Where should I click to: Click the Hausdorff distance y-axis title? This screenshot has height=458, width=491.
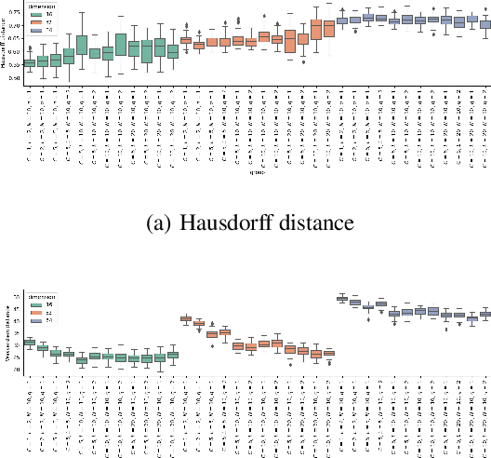[x=6, y=47]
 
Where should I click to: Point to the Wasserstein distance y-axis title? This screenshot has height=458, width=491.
[x=6, y=333]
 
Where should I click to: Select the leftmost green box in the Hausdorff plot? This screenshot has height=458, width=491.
[x=29, y=63]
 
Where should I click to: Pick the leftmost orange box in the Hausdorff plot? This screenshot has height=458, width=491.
[x=186, y=40]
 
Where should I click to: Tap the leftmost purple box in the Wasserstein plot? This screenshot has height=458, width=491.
[x=342, y=298]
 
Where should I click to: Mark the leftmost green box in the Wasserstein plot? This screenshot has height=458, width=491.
[x=29, y=343]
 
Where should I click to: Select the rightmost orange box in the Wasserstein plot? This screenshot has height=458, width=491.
[x=328, y=353]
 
